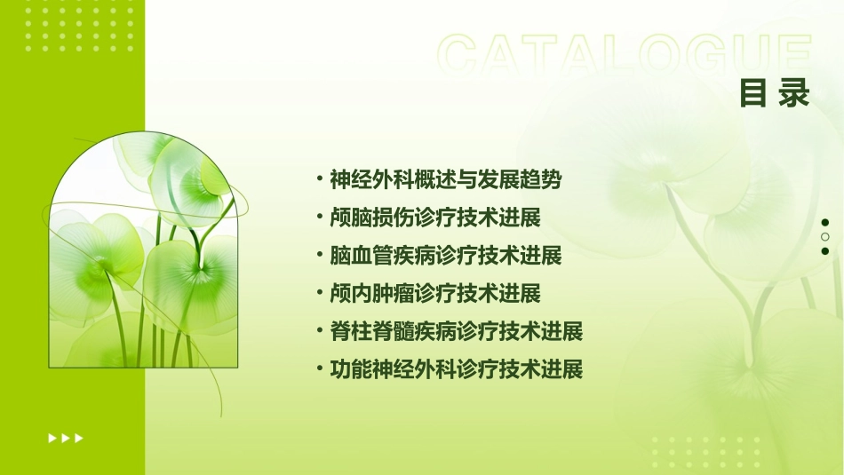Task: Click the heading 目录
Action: point(775,93)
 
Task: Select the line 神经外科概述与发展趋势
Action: point(445,179)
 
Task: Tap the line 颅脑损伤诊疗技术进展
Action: point(434,218)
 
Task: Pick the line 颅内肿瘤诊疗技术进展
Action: point(434,293)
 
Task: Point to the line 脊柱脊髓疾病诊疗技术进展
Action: point(456,332)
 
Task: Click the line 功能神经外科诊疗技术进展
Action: point(456,369)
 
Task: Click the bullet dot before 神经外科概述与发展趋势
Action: point(320,178)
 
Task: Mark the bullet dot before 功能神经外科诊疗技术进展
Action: point(320,368)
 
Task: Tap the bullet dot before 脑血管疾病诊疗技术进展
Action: point(320,255)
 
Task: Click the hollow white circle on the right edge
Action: point(825,237)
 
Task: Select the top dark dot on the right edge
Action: point(825,223)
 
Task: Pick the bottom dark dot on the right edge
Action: point(825,251)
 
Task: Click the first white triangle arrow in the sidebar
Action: point(52,438)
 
